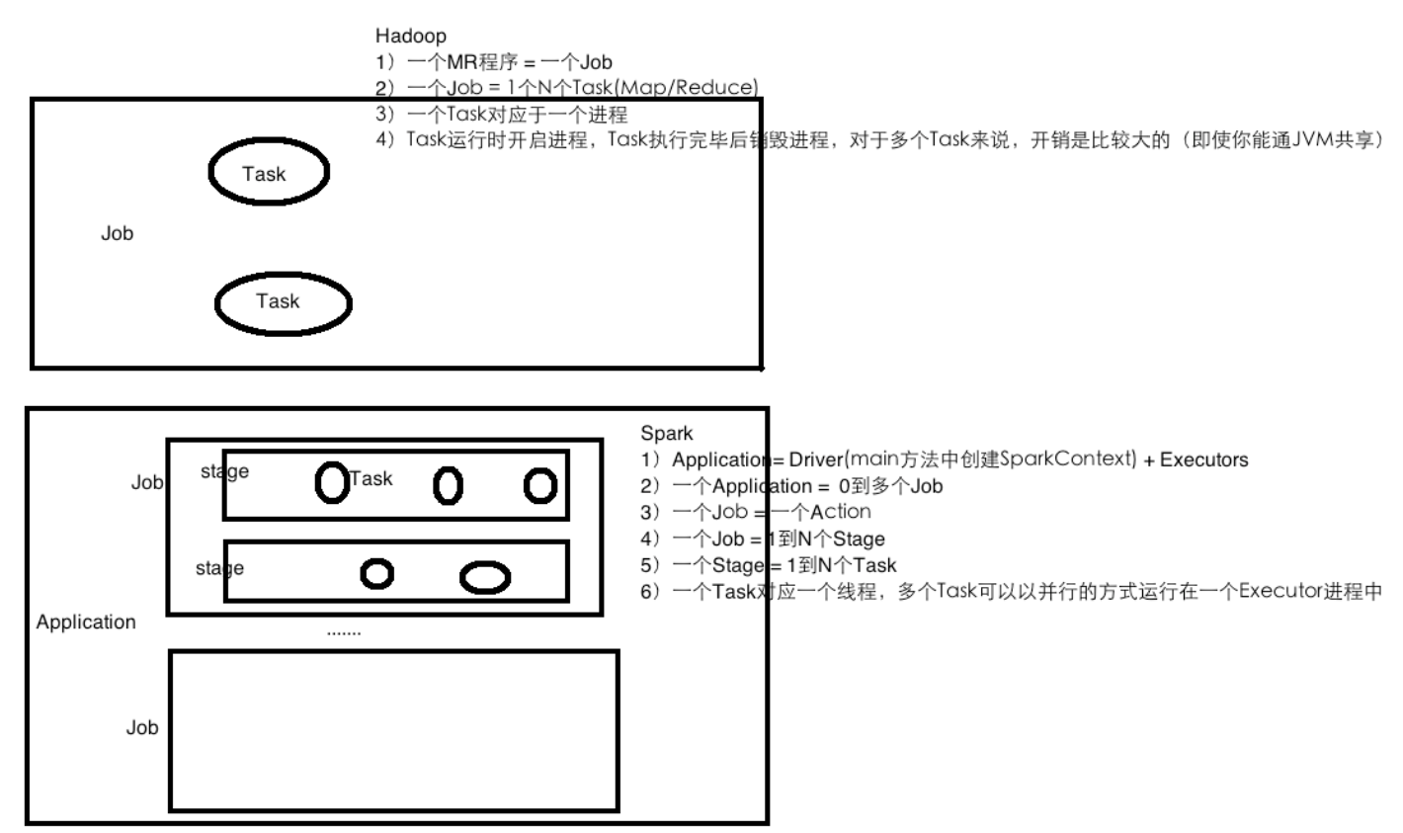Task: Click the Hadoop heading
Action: tap(410, 37)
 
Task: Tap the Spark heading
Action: tap(667, 433)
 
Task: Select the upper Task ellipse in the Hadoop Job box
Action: tap(268, 173)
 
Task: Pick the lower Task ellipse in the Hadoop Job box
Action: tap(283, 302)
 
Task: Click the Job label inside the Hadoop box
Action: tap(117, 234)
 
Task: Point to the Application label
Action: tap(86, 623)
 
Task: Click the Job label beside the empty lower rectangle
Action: tap(142, 728)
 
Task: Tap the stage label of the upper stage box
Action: tap(224, 472)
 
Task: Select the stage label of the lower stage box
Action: tap(219, 568)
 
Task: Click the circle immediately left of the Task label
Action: tap(331, 482)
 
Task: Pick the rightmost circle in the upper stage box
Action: tap(540, 485)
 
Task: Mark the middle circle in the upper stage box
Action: tap(448, 485)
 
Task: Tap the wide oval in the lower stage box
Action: tap(485, 578)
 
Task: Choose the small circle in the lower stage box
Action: tap(376, 572)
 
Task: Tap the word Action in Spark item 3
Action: tap(841, 512)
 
